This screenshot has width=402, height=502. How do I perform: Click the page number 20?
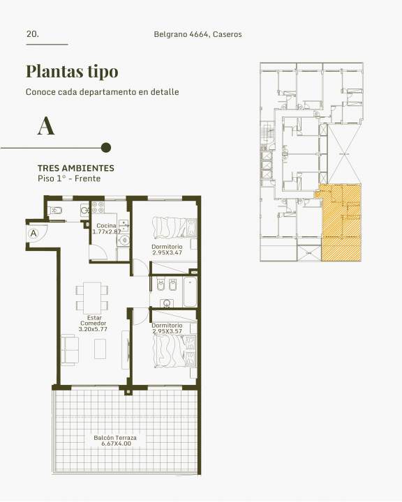pos(32,34)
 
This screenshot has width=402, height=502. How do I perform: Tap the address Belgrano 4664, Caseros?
pos(198,34)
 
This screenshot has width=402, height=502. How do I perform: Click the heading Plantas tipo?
pos(72,72)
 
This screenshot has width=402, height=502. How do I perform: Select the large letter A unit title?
pos(46,126)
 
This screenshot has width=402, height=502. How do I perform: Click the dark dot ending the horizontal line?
pos(106,148)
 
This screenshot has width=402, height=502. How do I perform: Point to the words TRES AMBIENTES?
pos(76,168)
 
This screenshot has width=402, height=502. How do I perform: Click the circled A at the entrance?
pos(33,234)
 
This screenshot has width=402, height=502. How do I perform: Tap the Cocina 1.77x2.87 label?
pos(107,229)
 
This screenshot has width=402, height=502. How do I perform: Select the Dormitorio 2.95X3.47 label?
pos(167,250)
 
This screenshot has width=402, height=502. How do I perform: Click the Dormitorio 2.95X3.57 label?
pos(167,328)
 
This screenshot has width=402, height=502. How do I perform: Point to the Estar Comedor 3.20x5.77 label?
pos(93,324)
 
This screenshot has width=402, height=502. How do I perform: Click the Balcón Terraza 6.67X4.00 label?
pos(115,441)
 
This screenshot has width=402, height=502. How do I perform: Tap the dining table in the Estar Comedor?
pos(92,298)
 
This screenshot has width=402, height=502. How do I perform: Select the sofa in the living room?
pos(70,351)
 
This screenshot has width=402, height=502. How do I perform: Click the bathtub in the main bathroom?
pos(190,291)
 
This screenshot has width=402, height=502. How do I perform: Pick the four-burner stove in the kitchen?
pos(98,207)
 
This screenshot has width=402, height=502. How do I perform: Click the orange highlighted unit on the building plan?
pos(341,222)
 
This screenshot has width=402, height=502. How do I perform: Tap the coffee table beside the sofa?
pos(100,349)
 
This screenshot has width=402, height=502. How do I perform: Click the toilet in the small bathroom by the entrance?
pos(56,211)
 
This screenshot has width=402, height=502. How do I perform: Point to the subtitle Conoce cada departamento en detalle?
pos(103,92)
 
